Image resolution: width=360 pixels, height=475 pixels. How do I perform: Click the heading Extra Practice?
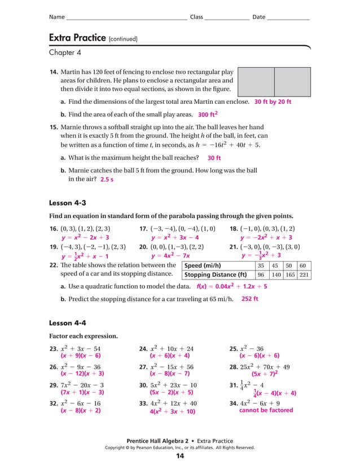[77, 38]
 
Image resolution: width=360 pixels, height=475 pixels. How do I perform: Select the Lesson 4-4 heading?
[68, 323]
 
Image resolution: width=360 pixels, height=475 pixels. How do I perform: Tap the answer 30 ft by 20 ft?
[273, 103]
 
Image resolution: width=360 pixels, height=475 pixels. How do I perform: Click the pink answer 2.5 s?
[107, 180]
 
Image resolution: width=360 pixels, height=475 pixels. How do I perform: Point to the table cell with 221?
[304, 275]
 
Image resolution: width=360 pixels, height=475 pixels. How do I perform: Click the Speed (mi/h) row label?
[203, 265]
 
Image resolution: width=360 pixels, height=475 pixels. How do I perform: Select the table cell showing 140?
[275, 275]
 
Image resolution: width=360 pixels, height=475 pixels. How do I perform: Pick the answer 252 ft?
[249, 299]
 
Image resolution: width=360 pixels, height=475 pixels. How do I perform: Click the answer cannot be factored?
[266, 410]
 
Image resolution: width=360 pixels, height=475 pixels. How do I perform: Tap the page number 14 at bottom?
[180, 456]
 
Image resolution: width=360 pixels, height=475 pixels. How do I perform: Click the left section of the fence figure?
[256, 81]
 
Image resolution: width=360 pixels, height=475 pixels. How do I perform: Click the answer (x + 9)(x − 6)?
[81, 356]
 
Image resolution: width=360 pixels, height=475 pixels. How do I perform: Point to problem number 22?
[54, 265]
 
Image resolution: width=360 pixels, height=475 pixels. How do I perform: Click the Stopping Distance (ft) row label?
[216, 275]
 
